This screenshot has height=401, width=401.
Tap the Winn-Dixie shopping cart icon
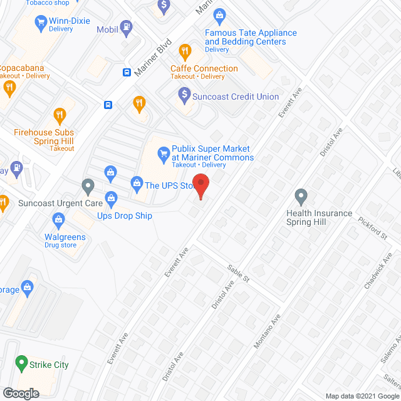(x=41, y=23)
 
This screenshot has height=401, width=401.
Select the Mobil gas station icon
(x=127, y=28)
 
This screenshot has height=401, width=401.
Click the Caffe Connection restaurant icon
(x=185, y=51)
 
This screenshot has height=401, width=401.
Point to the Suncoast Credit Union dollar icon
(x=184, y=95)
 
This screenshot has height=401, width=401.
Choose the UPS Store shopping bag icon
(x=136, y=183)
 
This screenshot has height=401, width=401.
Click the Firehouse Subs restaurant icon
(x=60, y=115)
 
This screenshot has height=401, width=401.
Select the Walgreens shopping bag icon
(x=59, y=219)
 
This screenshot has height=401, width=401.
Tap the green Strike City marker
(x=22, y=363)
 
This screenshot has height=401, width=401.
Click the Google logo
(x=20, y=393)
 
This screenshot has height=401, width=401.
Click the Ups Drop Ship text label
(x=124, y=216)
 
